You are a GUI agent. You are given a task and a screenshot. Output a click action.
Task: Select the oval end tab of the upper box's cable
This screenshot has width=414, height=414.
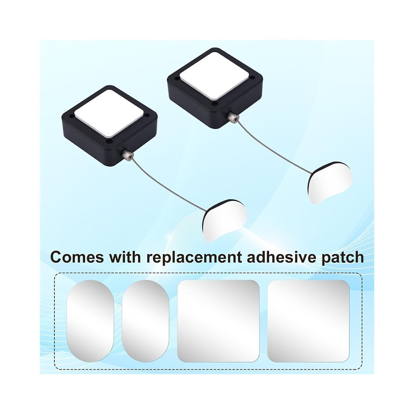point(330,182)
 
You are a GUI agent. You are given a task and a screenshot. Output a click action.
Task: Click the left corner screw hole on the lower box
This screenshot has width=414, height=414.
point(71,115)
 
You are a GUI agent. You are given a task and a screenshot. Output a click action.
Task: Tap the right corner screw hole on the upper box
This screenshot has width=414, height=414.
point(253,78)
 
